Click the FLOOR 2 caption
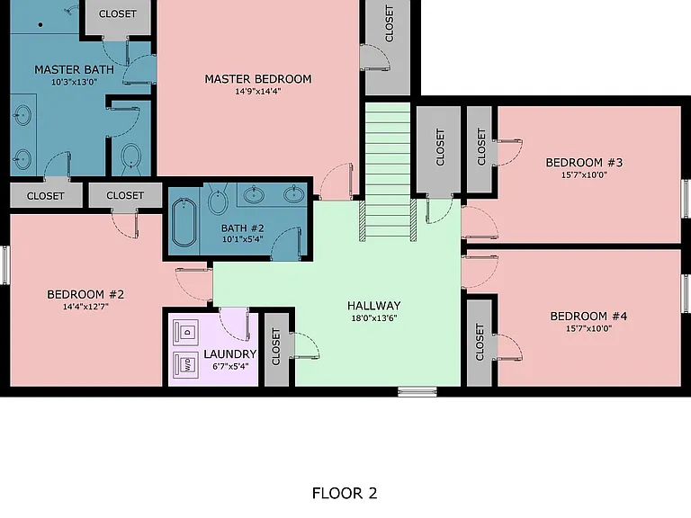(345, 494)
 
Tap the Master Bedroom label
(258, 79)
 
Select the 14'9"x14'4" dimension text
(258, 92)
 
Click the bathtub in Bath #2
(184, 222)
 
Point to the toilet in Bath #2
(218, 198)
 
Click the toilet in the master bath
(130, 159)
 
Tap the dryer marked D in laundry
(185, 332)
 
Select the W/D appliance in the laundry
(185, 364)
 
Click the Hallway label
(374, 306)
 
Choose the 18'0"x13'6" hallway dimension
(374, 318)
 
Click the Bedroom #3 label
(584, 163)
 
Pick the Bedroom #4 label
(588, 317)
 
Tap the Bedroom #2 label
(85, 294)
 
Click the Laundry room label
(230, 354)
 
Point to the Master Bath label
(74, 69)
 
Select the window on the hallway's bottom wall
(417, 391)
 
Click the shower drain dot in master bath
(40, 25)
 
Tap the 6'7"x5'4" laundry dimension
(230, 366)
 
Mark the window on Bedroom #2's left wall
(5, 265)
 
